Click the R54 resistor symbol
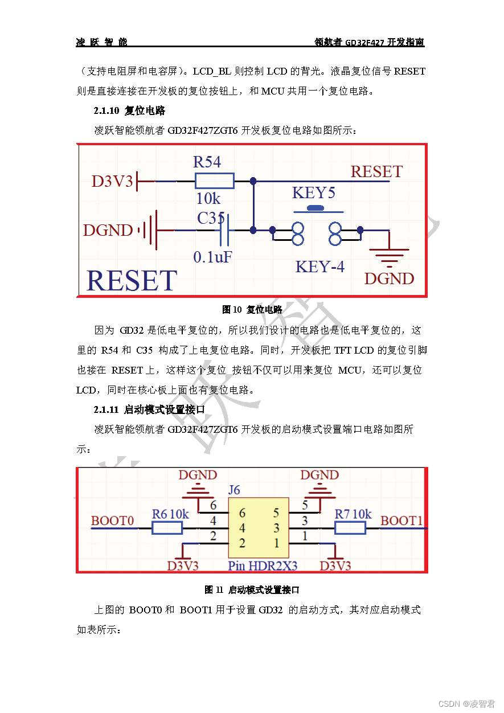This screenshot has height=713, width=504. pyautogui.click(x=214, y=181)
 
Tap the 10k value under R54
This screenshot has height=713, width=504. pyautogui.click(x=208, y=199)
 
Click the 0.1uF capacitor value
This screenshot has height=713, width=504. pyautogui.click(x=212, y=257)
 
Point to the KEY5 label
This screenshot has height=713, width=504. pyautogui.click(x=313, y=192)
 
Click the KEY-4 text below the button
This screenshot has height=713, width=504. pyautogui.click(x=319, y=266)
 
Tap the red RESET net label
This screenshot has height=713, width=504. pyautogui.click(x=376, y=171)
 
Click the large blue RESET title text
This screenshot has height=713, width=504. pyautogui.click(x=131, y=281)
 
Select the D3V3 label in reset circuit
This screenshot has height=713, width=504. pyautogui.click(x=112, y=182)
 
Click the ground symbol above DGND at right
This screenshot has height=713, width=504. pyautogui.click(x=389, y=257)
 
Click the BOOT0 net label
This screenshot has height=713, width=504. pyautogui.click(x=112, y=521)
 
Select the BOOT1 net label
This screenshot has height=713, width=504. pyautogui.click(x=401, y=521)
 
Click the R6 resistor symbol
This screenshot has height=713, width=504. pyautogui.click(x=167, y=528)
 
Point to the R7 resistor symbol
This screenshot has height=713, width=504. pyautogui.click(x=349, y=528)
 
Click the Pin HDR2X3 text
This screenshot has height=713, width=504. pyautogui.click(x=263, y=566)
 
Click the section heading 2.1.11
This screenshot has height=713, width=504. pyautogui.click(x=149, y=409)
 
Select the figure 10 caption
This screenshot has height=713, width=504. pyautogui.click(x=252, y=309)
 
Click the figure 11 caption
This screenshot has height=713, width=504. pyautogui.click(x=252, y=589)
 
